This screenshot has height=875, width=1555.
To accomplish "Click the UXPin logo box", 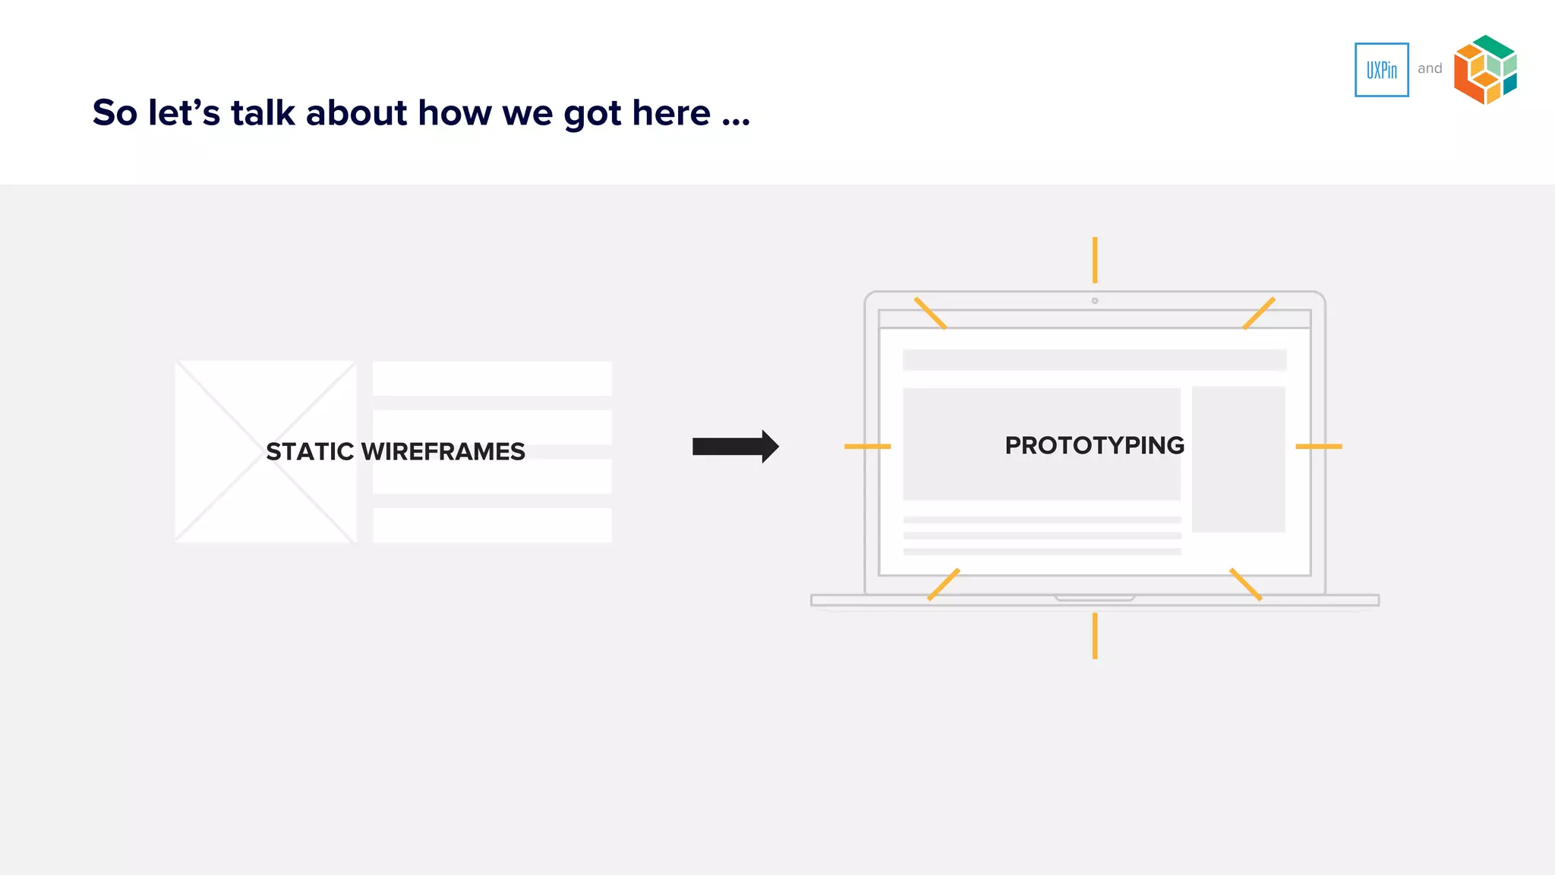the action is [1381, 70].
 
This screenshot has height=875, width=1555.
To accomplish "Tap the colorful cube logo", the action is [1485, 70].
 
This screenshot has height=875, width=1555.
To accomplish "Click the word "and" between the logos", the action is [1430, 68].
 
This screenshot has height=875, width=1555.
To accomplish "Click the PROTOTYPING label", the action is [1094, 445].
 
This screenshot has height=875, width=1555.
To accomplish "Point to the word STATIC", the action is [310, 452].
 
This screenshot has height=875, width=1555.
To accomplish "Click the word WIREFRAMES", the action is [443, 452].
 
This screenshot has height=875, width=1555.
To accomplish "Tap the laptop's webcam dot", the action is [1095, 301].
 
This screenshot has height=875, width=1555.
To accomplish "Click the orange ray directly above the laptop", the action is [1095, 260].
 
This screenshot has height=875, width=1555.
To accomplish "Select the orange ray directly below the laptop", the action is [1095, 636].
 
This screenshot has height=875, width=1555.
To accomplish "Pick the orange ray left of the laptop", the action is [867, 447].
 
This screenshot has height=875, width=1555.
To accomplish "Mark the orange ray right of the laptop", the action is [1319, 447].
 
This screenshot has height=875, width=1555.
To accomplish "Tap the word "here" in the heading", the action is [671, 112].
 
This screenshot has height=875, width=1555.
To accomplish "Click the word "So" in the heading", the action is [115, 112].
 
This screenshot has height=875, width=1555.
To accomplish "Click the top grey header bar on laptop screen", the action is [1094, 359].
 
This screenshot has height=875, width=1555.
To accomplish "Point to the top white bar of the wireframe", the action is [492, 378].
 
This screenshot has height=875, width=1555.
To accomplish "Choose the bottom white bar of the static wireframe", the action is [492, 525].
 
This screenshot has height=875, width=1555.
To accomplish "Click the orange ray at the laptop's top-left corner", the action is [930, 313].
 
